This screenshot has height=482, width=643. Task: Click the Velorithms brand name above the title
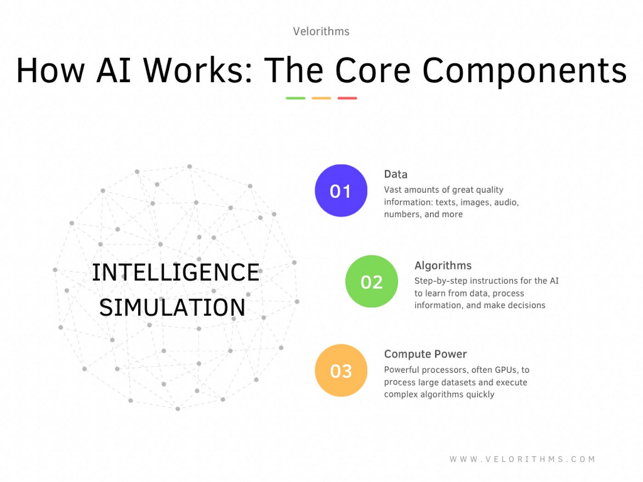pyautogui.click(x=321, y=31)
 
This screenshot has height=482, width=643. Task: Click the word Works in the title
pyautogui.click(x=198, y=71)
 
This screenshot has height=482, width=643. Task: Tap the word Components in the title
pyautogui.click(x=525, y=72)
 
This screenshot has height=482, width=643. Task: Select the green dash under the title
pyautogui.click(x=295, y=98)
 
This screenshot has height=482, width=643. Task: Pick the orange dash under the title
pyautogui.click(x=321, y=98)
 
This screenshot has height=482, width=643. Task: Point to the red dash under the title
pyautogui.click(x=347, y=98)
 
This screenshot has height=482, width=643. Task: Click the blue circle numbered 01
pyautogui.click(x=341, y=191)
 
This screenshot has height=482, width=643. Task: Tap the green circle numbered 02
pyautogui.click(x=372, y=281)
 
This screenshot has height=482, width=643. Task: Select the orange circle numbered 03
pyautogui.click(x=341, y=370)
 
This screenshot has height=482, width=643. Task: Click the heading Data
pyautogui.click(x=395, y=174)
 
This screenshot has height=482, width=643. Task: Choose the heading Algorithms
pyautogui.click(x=443, y=265)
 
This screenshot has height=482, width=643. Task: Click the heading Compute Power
pyautogui.click(x=425, y=354)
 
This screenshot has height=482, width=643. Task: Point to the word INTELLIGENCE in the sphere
pyautogui.click(x=175, y=272)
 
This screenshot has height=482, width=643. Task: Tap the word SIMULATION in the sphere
pyautogui.click(x=172, y=308)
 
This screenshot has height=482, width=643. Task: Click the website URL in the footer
pyautogui.click(x=522, y=459)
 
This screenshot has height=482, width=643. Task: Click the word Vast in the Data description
pyautogui.click(x=393, y=190)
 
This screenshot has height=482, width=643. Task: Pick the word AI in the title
pyautogui.click(x=114, y=71)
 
